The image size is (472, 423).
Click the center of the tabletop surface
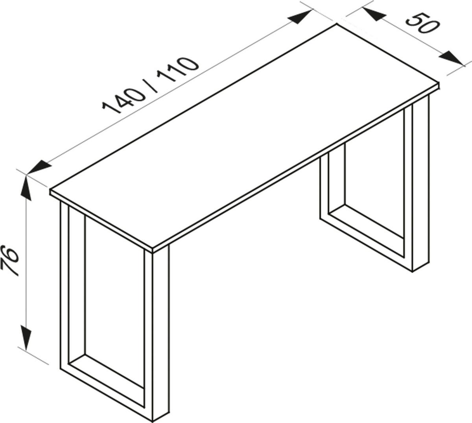coord(244,136)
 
